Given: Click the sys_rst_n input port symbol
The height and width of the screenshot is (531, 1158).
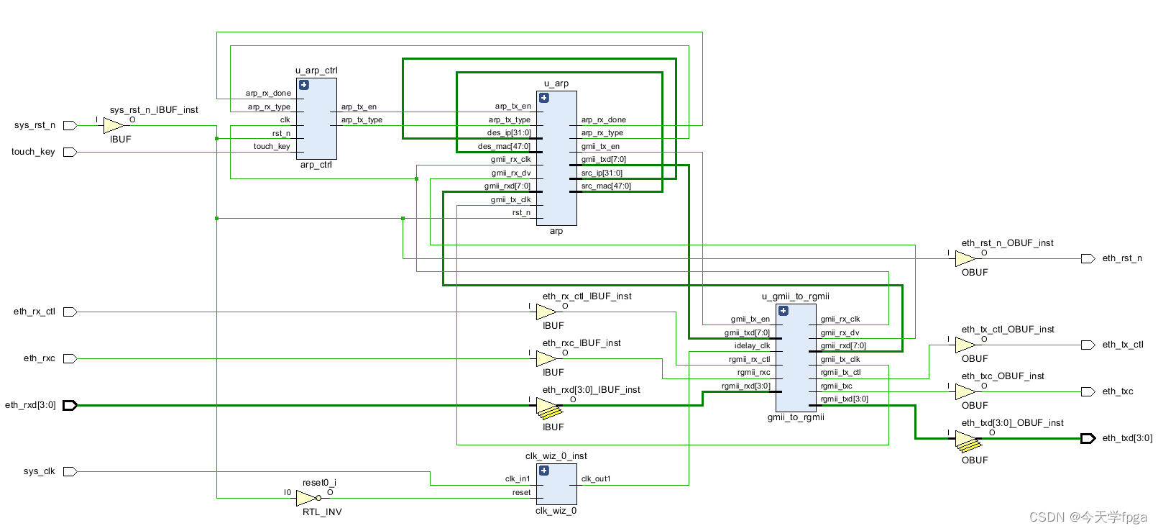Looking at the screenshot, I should pyautogui.click(x=70, y=125).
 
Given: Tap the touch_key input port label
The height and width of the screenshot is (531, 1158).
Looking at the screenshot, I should pyautogui.click(x=33, y=152).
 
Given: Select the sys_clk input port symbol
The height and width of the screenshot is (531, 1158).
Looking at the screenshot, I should pyautogui.click(x=70, y=471).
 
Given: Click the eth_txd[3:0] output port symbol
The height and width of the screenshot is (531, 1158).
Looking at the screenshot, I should pyautogui.click(x=1088, y=438).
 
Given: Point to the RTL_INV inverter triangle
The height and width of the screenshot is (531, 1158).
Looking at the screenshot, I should pyautogui.click(x=306, y=498).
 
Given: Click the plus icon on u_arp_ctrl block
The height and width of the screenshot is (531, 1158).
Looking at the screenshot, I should pyautogui.click(x=304, y=85).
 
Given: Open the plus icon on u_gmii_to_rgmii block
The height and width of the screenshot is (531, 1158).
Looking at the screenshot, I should pyautogui.click(x=784, y=311).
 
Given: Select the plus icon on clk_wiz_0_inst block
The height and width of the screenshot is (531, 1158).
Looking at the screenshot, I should pyautogui.click(x=544, y=471).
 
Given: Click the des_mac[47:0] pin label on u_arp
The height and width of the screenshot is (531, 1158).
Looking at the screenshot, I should pyautogui.click(x=504, y=146).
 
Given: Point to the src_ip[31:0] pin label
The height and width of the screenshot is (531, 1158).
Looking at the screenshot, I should pyautogui.click(x=602, y=173).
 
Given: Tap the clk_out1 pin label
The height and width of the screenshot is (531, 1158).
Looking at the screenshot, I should pyautogui.click(x=596, y=478).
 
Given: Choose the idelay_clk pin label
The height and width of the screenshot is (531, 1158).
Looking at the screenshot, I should pyautogui.click(x=752, y=345).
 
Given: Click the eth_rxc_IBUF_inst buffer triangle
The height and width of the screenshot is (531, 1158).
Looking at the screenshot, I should pyautogui.click(x=546, y=358).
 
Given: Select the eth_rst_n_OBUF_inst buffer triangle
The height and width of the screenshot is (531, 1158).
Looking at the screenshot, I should pyautogui.click(x=965, y=258).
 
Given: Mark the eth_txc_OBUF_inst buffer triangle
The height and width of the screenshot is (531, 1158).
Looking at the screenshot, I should pyautogui.click(x=965, y=391).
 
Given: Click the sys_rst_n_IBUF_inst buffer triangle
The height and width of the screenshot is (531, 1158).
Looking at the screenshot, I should pyautogui.click(x=113, y=126).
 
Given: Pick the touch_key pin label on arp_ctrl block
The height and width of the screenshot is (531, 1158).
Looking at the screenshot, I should pyautogui.click(x=272, y=146).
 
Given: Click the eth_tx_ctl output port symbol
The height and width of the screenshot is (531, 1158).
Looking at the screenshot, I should pyautogui.click(x=1088, y=345).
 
